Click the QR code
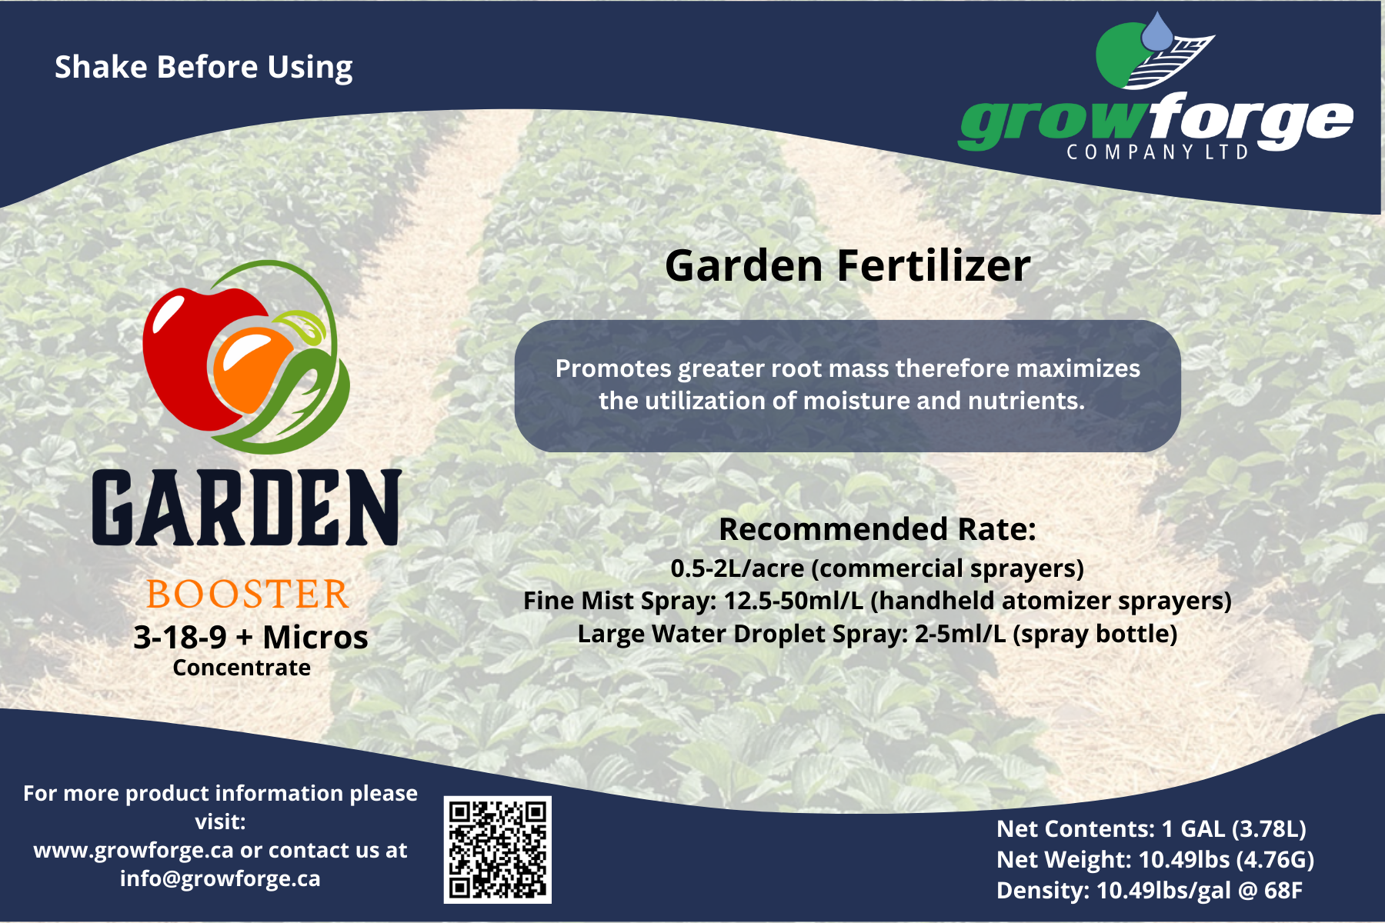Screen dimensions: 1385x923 [498, 849]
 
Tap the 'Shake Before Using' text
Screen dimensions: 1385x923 [204, 68]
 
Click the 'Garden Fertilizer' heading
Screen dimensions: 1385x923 [848, 266]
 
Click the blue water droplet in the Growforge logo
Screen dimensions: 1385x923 [1156, 32]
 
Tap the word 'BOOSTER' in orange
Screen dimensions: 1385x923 [248, 595]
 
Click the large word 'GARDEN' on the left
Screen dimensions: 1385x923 [247, 508]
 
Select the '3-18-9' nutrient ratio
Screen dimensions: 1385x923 [180, 637]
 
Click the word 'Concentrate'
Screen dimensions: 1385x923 [242, 668]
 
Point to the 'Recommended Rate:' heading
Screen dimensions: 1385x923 [877, 529]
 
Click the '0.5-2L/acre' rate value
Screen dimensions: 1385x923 [737, 568]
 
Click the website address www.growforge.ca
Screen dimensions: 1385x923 [133, 851]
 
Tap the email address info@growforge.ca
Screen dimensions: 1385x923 [220, 878]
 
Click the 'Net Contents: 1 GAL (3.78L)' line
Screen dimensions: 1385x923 [1151, 828]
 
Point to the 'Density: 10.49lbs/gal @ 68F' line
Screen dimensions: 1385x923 [1150, 890]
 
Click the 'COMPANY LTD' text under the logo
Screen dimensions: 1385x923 [1157, 152]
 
